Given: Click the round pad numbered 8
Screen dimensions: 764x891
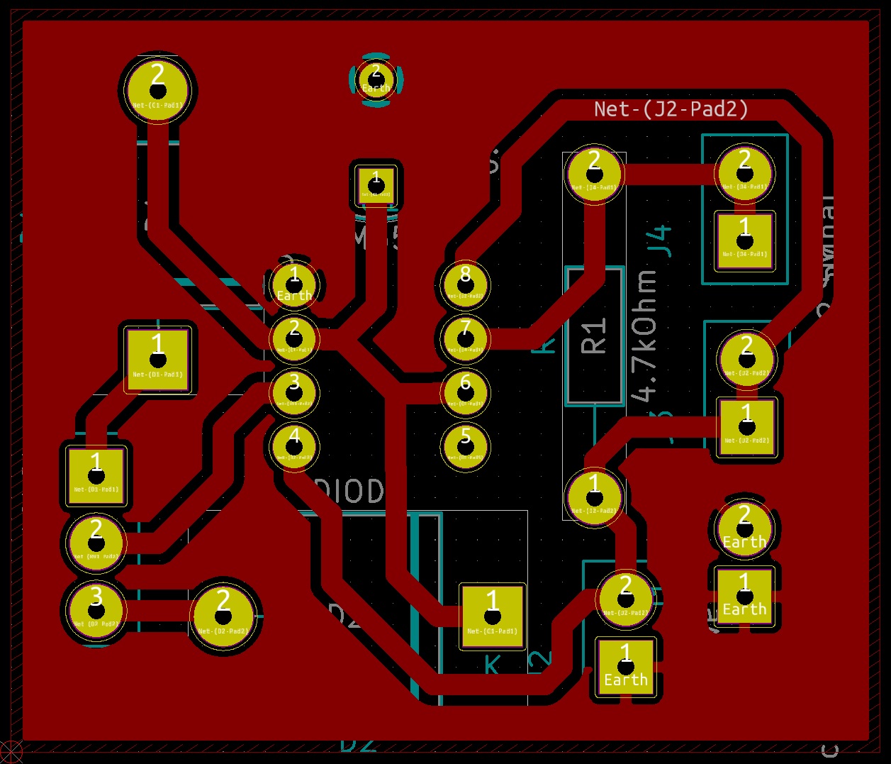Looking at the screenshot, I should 465,283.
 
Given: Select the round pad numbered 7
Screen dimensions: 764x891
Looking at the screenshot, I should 465,338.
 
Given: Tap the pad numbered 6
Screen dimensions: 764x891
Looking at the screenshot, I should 465,392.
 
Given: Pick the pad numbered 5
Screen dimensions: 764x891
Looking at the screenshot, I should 465,445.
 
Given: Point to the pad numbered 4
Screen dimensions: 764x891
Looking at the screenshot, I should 294,445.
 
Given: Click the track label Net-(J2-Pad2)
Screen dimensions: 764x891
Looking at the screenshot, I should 671,109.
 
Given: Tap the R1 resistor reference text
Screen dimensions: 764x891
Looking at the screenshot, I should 594,335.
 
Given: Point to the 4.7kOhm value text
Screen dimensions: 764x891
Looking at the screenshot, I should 646,335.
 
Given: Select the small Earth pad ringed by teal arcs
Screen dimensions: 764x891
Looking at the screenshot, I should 376,79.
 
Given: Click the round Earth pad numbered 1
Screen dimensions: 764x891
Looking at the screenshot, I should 294,285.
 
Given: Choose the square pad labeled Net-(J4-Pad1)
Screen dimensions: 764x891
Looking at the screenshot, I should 744,240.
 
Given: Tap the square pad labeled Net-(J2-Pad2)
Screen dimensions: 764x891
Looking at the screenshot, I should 746,427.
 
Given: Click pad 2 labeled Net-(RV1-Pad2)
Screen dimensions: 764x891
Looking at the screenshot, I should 96,543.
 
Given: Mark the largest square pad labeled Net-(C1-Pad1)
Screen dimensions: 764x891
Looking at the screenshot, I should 492,616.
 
